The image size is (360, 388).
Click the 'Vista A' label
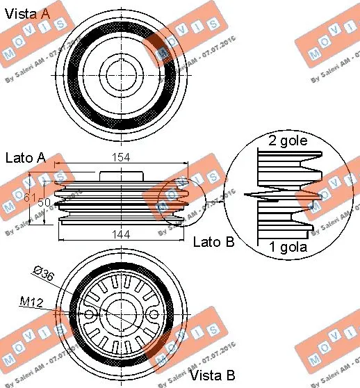(x=27, y=12)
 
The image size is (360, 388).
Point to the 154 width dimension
(x=121, y=159)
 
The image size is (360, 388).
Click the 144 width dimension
(x=121, y=235)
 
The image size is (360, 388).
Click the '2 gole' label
(x=288, y=142)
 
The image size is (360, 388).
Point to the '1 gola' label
(x=288, y=246)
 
